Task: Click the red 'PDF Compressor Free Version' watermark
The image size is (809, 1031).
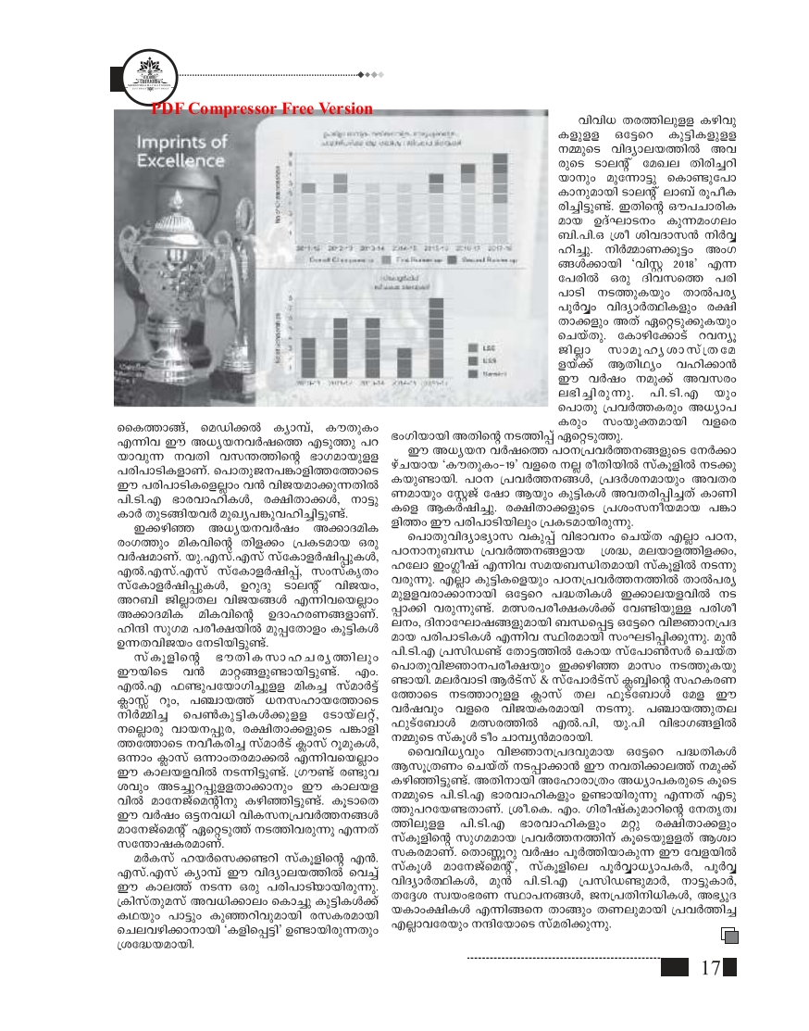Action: point(262,108)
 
